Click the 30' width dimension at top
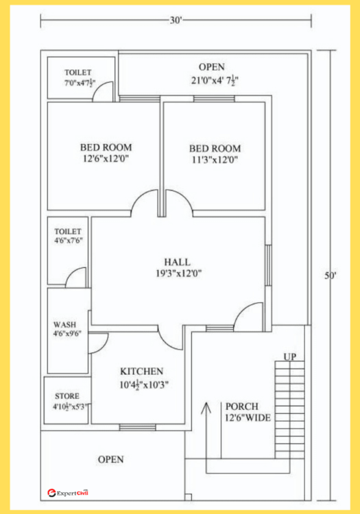click(x=176, y=21)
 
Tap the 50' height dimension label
click(x=331, y=276)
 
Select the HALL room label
click(x=177, y=262)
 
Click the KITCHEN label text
click(x=142, y=371)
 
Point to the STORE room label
click(x=67, y=396)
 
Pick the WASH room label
click(x=65, y=325)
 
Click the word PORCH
click(x=242, y=406)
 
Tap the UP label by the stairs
click(x=290, y=356)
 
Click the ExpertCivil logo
click(x=68, y=492)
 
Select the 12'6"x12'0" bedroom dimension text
click(x=106, y=159)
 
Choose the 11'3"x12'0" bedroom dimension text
click(x=215, y=160)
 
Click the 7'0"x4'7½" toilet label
click(x=80, y=83)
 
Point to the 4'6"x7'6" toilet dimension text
click(x=69, y=241)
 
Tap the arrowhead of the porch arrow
click(x=206, y=408)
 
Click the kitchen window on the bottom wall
click(x=137, y=427)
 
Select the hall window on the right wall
click(x=268, y=265)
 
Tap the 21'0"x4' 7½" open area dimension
click(x=215, y=79)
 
